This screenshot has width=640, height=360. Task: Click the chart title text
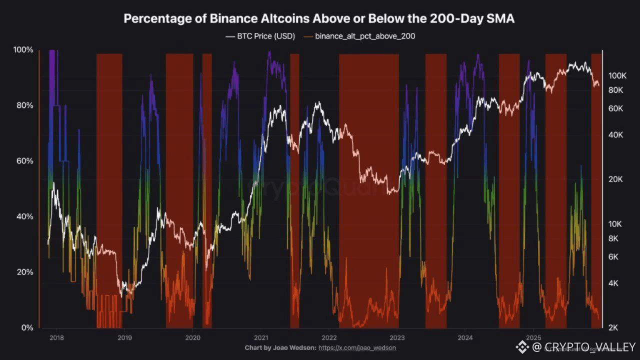pyautogui.click(x=319, y=19)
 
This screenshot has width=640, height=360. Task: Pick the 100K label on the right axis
pyautogui.click(x=617, y=75)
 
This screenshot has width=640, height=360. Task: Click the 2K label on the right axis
pyautogui.click(x=613, y=327)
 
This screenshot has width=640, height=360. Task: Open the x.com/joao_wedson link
pyautogui.click(x=357, y=347)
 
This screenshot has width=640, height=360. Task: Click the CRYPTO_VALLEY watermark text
pyautogui.click(x=590, y=346)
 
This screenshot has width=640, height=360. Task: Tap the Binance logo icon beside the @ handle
pyautogui.click(x=522, y=346)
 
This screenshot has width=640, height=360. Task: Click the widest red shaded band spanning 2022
pyautogui.click(x=369, y=190)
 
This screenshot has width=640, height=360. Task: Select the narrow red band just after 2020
pyautogui.click(x=207, y=190)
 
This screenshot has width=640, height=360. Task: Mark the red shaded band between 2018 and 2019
pyautogui.click(x=109, y=190)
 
